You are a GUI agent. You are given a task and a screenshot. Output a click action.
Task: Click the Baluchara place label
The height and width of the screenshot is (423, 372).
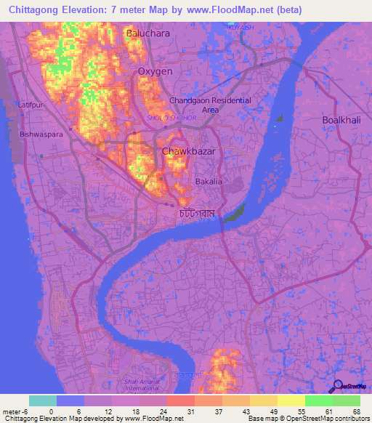148,33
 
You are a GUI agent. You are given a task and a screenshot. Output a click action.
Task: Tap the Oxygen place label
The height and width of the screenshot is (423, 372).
155,71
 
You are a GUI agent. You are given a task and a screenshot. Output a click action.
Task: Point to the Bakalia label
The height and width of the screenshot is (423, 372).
209,182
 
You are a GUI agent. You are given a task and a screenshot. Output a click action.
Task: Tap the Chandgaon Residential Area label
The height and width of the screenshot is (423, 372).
210,105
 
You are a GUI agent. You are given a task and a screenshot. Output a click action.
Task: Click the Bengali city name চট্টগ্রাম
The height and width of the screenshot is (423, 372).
197,214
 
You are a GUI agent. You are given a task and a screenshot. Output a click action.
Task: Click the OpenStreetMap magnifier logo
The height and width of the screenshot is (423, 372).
337,387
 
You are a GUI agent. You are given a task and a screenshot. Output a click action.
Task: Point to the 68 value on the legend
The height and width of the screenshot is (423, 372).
356,411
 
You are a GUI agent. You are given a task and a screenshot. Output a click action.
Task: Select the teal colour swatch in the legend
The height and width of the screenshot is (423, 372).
43,400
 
